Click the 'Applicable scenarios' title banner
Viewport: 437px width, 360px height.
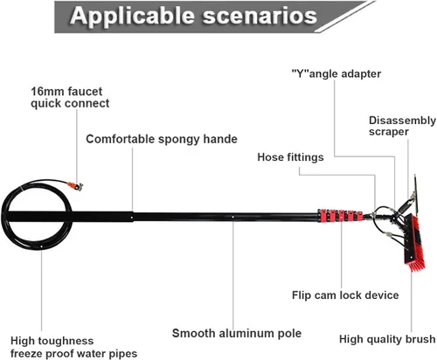(214, 17)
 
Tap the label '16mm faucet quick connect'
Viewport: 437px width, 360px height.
(70, 97)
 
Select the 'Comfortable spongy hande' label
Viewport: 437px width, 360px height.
(162, 139)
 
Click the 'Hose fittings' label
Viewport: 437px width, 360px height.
(290, 157)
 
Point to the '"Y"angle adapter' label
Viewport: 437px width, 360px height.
(336, 74)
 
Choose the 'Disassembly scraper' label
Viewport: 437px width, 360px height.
(402, 126)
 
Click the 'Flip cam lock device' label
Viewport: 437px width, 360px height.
(345, 295)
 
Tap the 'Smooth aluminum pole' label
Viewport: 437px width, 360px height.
(237, 333)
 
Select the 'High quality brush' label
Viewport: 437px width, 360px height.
(387, 339)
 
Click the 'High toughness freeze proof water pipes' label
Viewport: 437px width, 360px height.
(73, 347)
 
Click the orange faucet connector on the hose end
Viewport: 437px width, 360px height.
(72, 184)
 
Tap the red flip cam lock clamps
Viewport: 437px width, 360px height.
(340, 216)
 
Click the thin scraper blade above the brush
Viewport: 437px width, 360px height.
(416, 195)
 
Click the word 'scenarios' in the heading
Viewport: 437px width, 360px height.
(260, 17)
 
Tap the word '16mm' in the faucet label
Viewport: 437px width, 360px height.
(44, 92)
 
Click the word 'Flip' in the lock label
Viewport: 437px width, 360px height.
(302, 295)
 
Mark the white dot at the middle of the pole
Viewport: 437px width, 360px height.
(232, 217)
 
